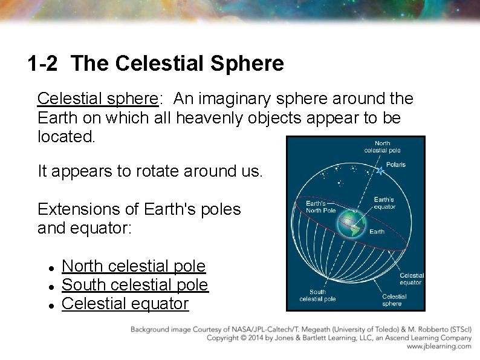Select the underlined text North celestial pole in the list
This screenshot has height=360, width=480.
(134, 266)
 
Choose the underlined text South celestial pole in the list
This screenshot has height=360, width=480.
(135, 284)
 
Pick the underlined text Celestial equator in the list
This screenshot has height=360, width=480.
(125, 303)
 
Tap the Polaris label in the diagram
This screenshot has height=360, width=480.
(395, 165)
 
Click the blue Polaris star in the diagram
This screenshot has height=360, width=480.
(380, 171)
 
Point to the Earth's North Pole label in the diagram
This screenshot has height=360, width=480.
(320, 207)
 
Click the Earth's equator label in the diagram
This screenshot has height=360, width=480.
(384, 203)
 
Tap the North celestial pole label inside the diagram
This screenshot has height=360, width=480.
(382, 147)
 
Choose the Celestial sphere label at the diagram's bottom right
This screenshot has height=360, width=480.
(394, 299)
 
